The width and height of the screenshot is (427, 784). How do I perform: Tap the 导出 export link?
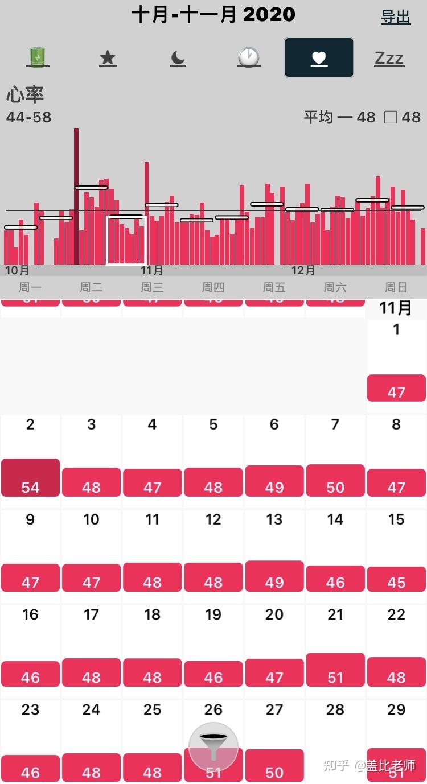click(396, 17)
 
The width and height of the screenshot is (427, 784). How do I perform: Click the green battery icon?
click(38, 57)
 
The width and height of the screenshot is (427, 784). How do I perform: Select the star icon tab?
click(108, 58)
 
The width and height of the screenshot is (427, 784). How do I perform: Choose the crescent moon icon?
click(178, 58)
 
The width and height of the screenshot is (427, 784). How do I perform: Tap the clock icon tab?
click(249, 57)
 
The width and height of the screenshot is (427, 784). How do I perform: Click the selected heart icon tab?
click(319, 57)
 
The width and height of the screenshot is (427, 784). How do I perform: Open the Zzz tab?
click(389, 58)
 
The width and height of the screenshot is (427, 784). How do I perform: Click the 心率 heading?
click(25, 94)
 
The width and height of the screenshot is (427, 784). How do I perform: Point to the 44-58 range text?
click(28, 117)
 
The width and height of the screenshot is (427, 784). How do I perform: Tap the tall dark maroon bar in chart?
click(76, 196)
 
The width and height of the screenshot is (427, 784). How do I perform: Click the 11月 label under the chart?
click(152, 270)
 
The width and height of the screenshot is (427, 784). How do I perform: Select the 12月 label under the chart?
click(303, 270)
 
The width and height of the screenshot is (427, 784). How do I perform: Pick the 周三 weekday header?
click(152, 287)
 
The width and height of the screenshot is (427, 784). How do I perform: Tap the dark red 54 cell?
click(30, 478)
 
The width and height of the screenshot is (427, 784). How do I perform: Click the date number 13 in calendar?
click(274, 519)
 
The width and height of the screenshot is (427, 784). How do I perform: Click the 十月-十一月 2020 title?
click(213, 14)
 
